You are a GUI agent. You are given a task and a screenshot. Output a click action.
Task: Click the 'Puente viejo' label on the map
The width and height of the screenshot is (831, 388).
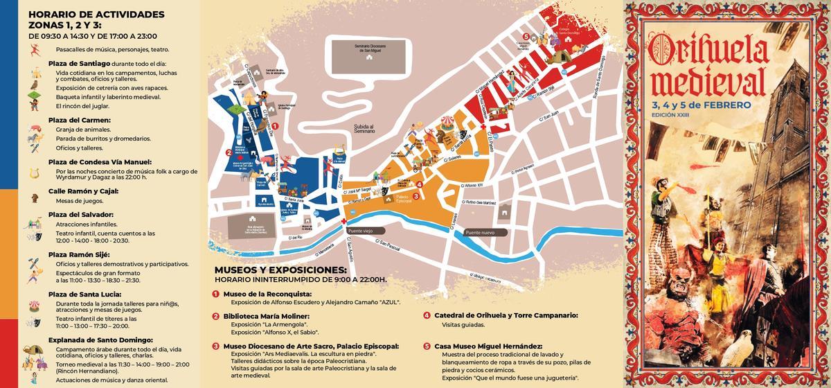(x=361, y=230)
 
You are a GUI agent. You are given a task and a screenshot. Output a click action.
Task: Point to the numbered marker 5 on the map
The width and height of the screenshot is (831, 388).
(x=526, y=37)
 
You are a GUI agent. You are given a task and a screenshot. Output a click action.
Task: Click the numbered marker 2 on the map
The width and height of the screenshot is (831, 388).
(x=229, y=153)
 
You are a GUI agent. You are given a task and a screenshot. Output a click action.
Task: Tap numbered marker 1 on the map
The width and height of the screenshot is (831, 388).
(x=275, y=126)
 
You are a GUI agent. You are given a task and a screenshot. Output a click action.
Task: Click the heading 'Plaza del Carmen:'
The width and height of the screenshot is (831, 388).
(x=80, y=120)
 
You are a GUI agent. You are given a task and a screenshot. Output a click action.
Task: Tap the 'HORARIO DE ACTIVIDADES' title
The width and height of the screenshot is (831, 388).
(x=97, y=14)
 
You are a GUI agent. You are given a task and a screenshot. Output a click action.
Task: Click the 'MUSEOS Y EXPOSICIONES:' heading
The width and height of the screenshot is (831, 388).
(x=280, y=270)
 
